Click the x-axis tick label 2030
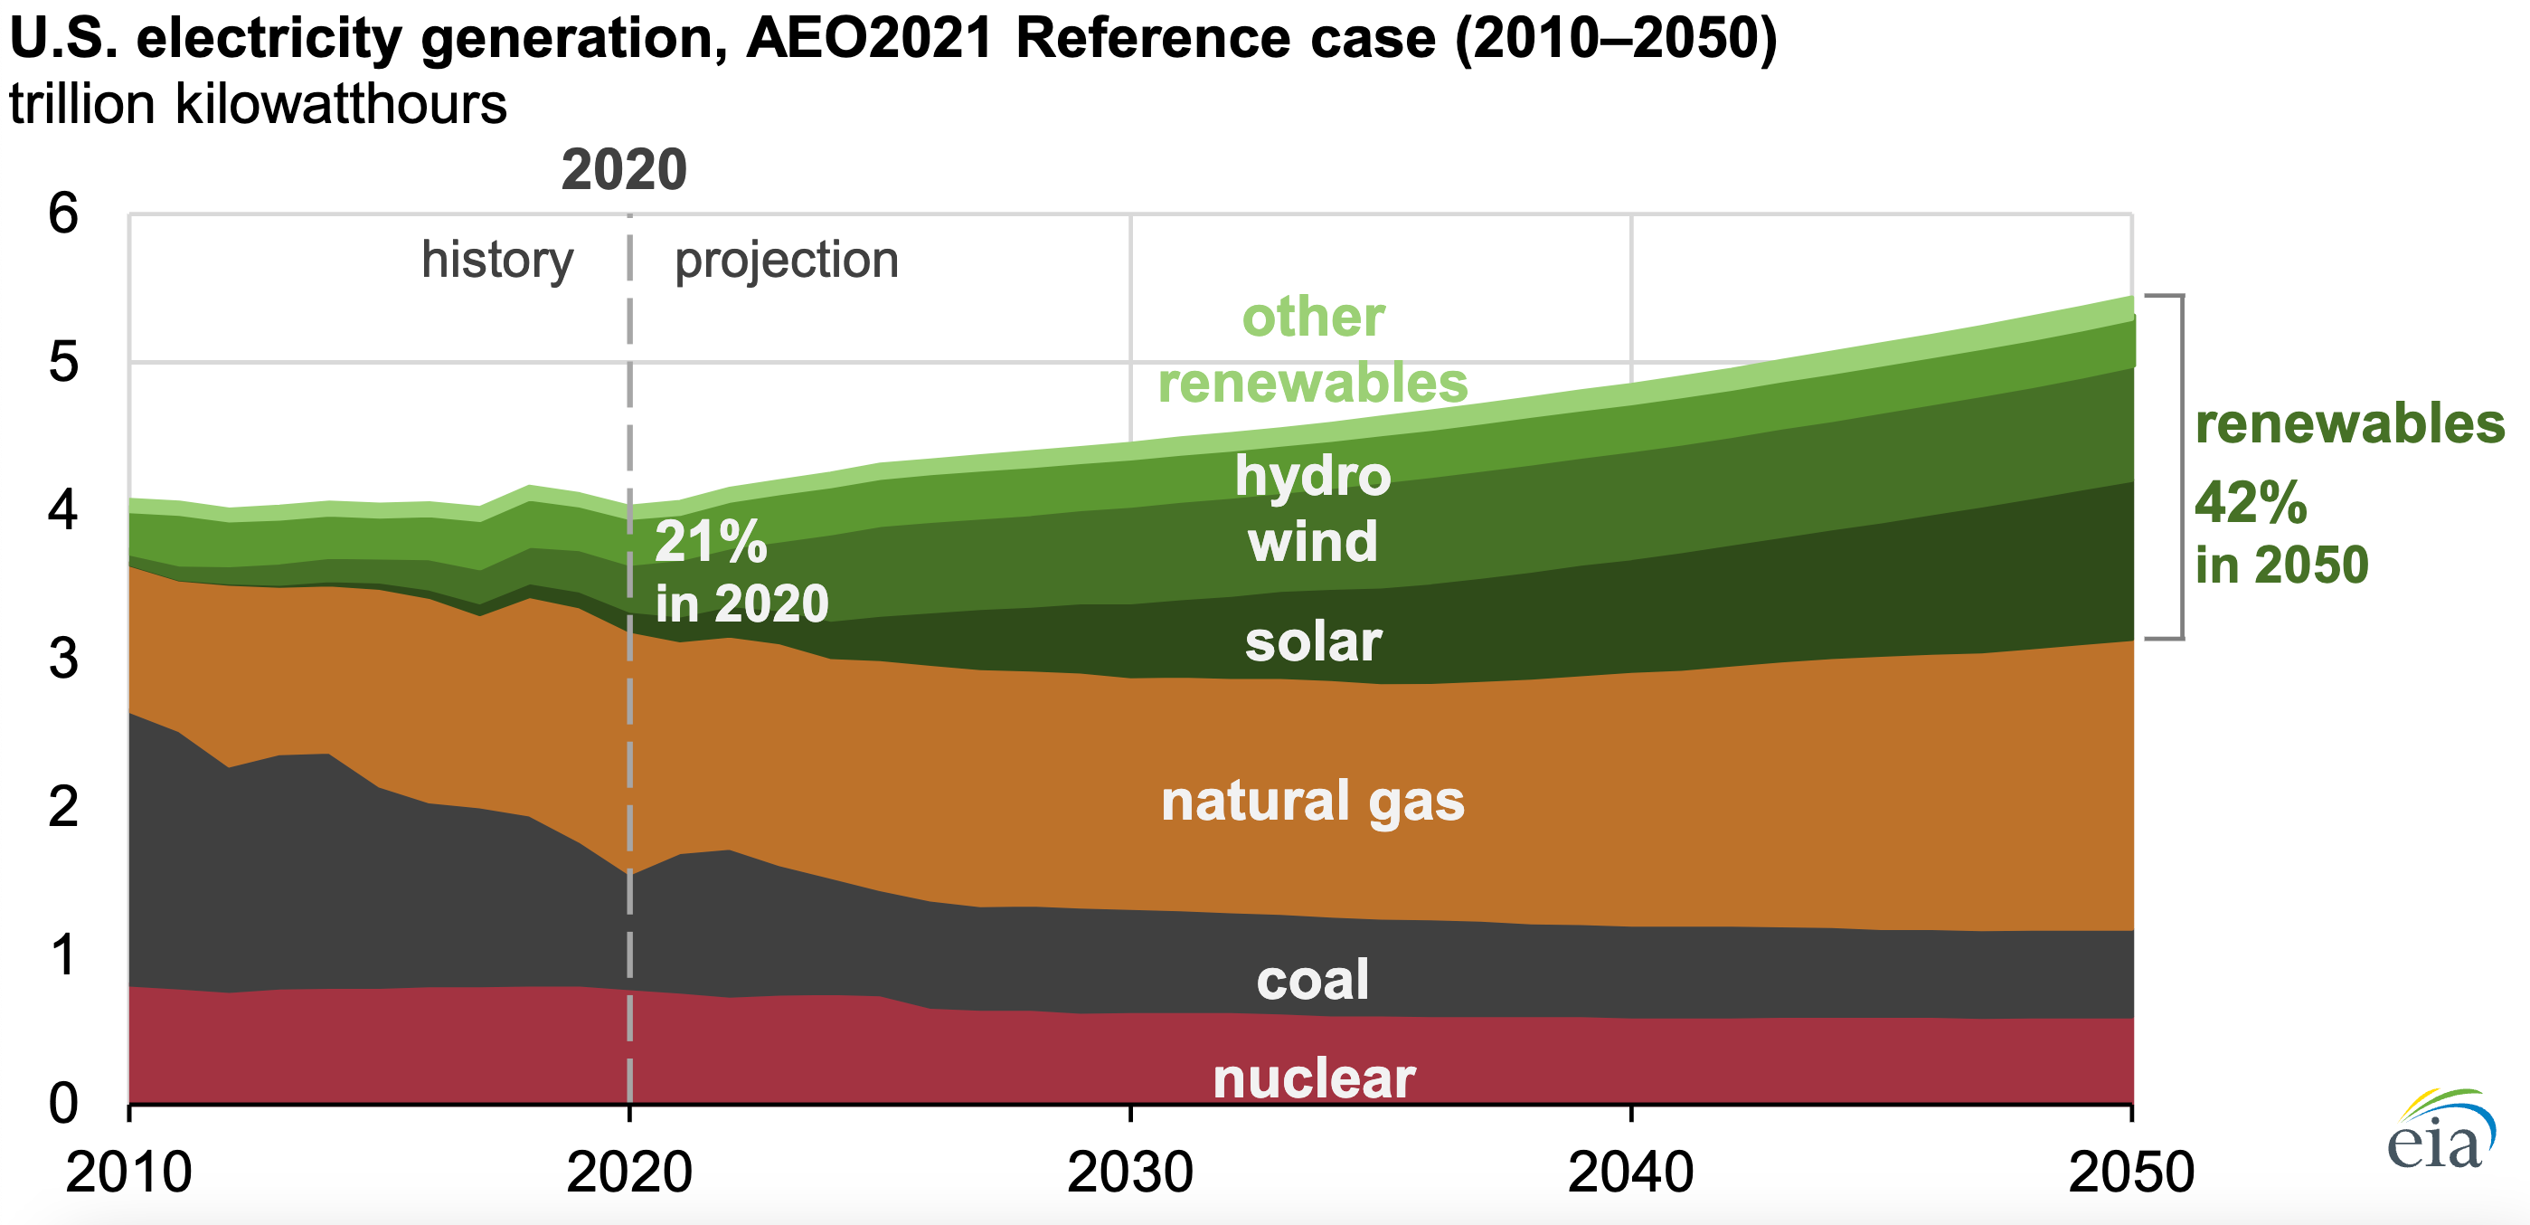tap(1129, 1172)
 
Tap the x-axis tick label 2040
tap(1630, 1172)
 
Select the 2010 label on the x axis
tap(128, 1172)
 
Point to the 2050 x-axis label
tap(2130, 1172)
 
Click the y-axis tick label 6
tap(63, 214)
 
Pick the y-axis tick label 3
tap(63, 658)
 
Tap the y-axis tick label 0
tap(63, 1103)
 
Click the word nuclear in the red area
tap(1313, 1078)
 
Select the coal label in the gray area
tap(1312, 980)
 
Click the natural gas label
tap(1312, 801)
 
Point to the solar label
tap(1312, 641)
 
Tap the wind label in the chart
tap(1312, 541)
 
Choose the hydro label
tap(1312, 476)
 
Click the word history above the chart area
tap(497, 261)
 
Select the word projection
tap(786, 261)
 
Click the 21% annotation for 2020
tap(710, 541)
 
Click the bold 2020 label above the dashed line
tap(624, 169)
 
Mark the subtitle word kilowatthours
tap(341, 104)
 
